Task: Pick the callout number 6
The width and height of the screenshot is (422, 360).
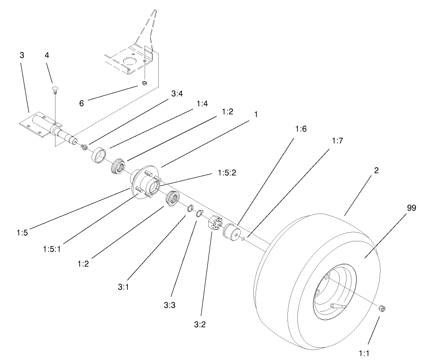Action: pos(81,103)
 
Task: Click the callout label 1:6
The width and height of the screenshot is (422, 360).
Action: pos(301,129)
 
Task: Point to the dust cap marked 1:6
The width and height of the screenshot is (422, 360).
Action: pos(232,231)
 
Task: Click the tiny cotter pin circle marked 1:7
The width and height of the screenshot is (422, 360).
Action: pos(244,238)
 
